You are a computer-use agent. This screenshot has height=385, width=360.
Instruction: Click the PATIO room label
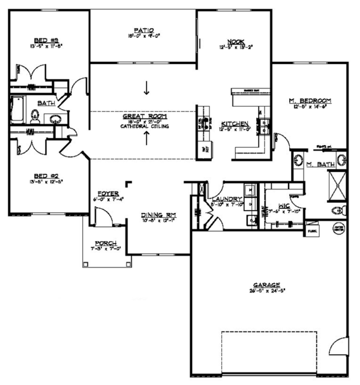point(143,29)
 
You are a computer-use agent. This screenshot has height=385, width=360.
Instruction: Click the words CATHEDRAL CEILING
point(145,127)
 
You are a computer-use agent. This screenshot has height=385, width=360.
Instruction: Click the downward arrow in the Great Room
point(146,89)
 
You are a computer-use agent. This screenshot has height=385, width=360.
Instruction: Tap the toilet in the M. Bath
point(340,210)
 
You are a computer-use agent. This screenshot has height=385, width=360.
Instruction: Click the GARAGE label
point(264,287)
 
